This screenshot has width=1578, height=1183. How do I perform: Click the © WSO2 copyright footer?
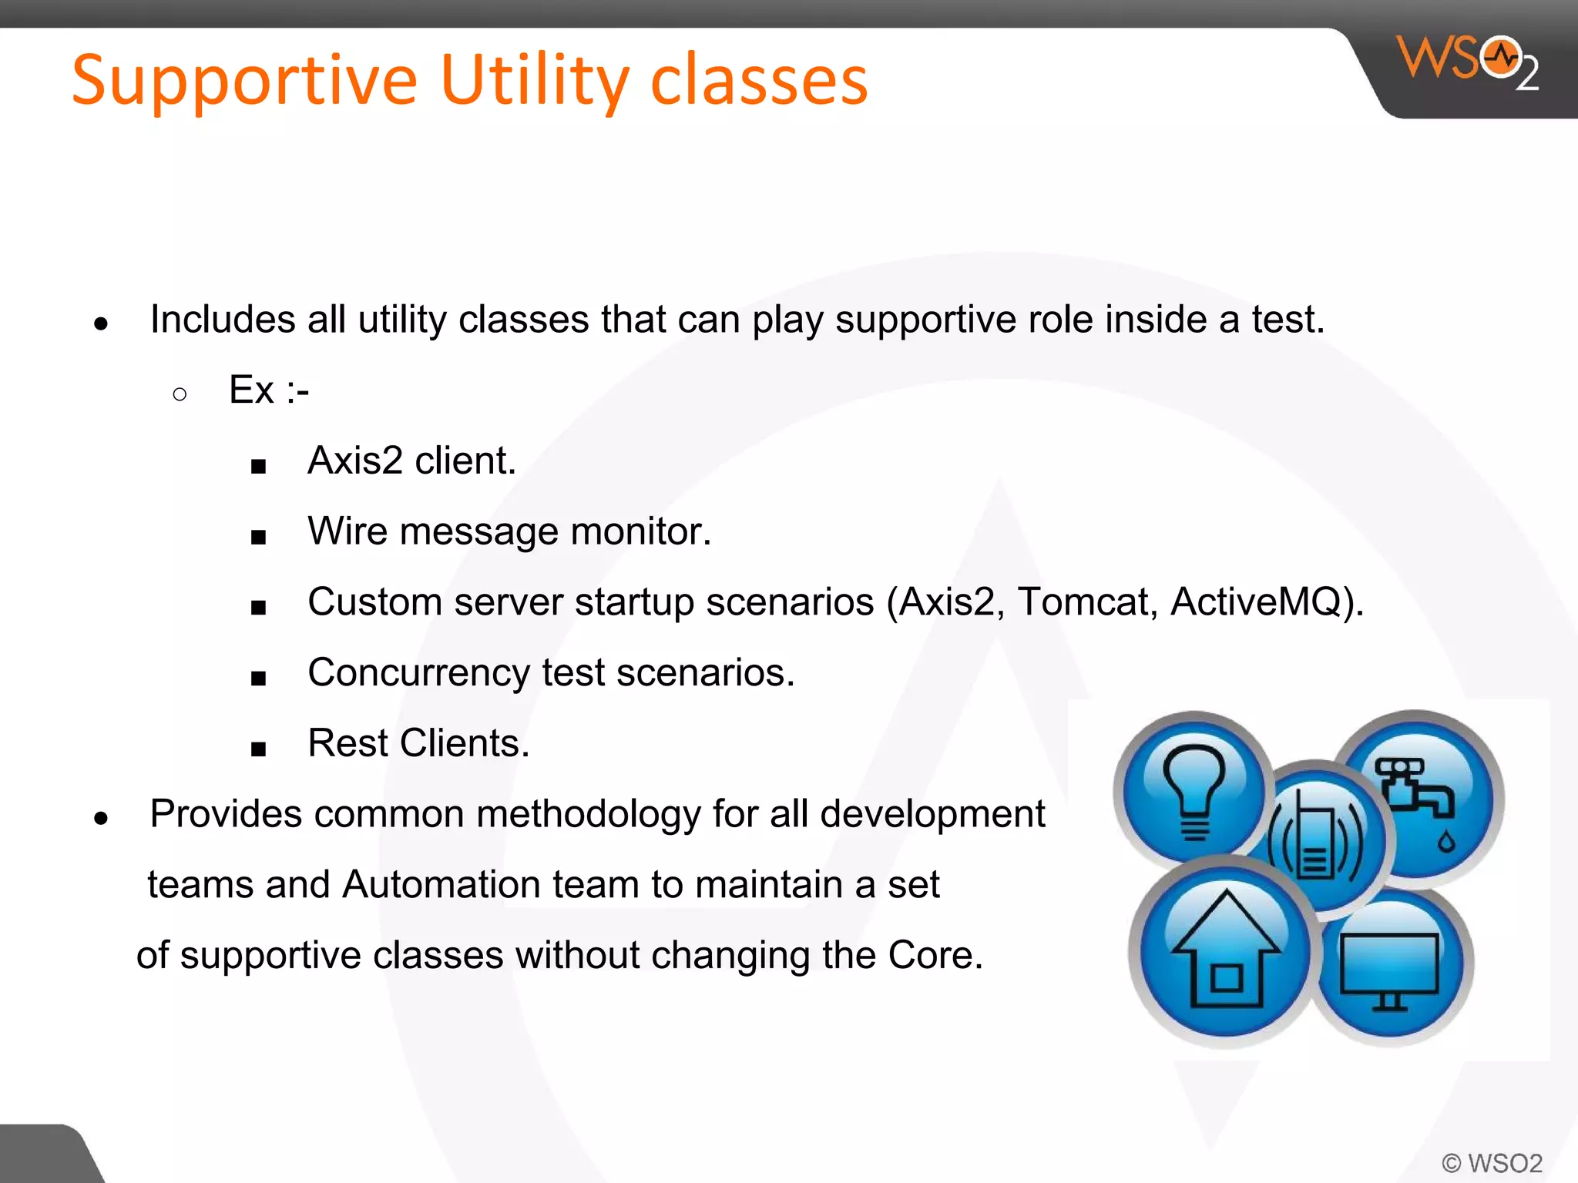(x=1492, y=1163)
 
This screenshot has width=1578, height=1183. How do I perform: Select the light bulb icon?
(x=1193, y=789)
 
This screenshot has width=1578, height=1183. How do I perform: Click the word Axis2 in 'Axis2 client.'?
(x=354, y=461)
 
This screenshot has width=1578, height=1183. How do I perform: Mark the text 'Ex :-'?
(x=269, y=390)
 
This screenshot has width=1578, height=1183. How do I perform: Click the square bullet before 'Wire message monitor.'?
(x=258, y=537)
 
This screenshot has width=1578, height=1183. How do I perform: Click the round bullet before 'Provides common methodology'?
(x=101, y=818)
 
